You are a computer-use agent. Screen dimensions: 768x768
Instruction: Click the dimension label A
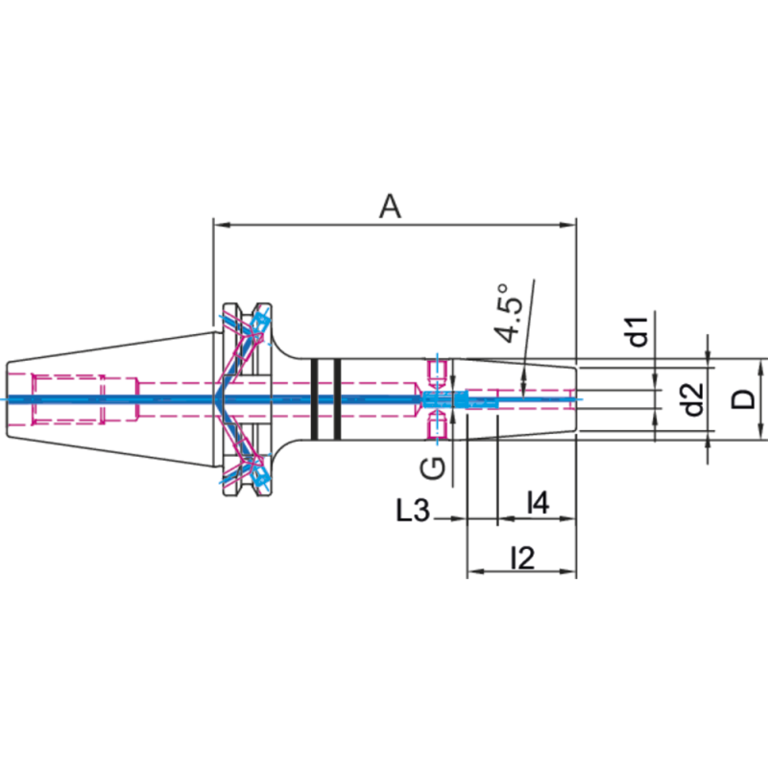pyautogui.click(x=389, y=204)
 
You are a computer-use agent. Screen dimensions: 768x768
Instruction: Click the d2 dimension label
pyautogui.click(x=693, y=398)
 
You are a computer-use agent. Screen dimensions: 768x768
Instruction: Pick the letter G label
pyautogui.click(x=434, y=468)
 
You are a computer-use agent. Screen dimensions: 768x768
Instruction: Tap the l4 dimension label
pyautogui.click(x=539, y=502)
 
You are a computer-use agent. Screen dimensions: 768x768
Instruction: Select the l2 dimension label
pyautogui.click(x=523, y=557)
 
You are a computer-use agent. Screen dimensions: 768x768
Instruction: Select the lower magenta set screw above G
pyautogui.click(x=438, y=426)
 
